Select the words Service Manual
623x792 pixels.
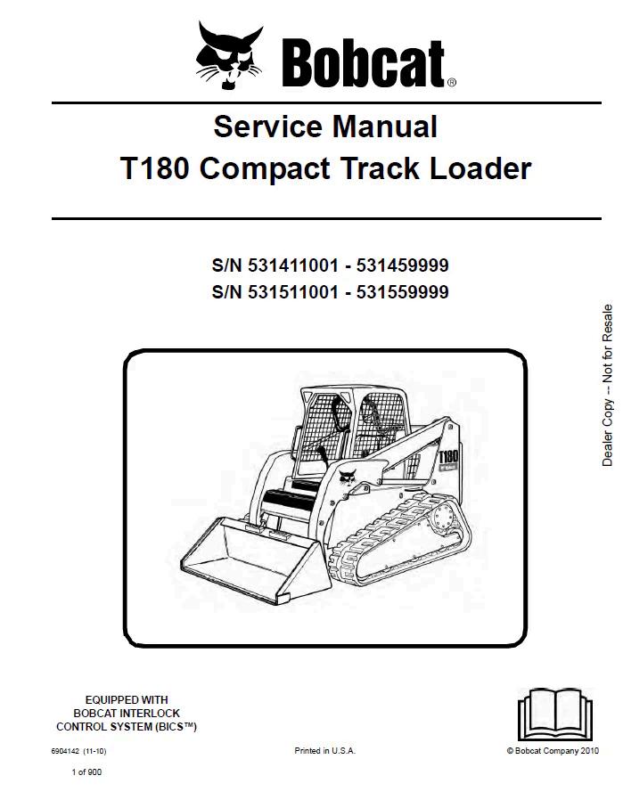(325, 127)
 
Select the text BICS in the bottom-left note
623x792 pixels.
(176, 727)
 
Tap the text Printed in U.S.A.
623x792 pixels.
(324, 752)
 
